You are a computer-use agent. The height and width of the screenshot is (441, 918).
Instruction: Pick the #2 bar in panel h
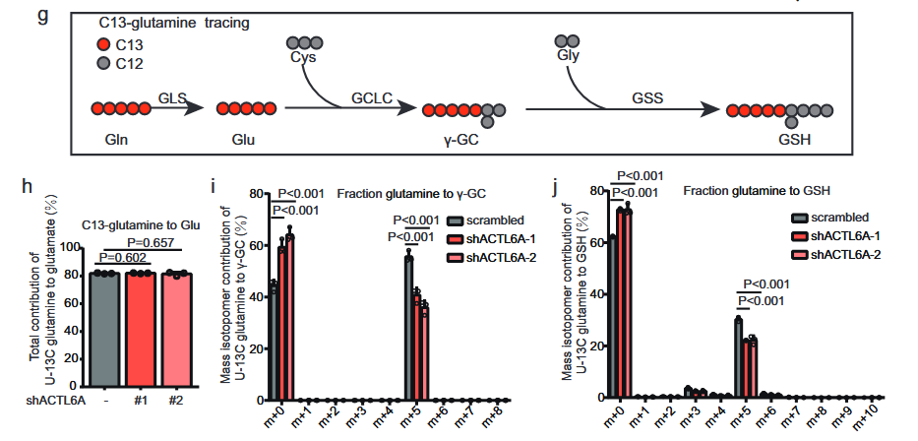point(177,330)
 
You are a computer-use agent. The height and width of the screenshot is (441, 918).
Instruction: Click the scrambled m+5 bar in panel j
point(738,357)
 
